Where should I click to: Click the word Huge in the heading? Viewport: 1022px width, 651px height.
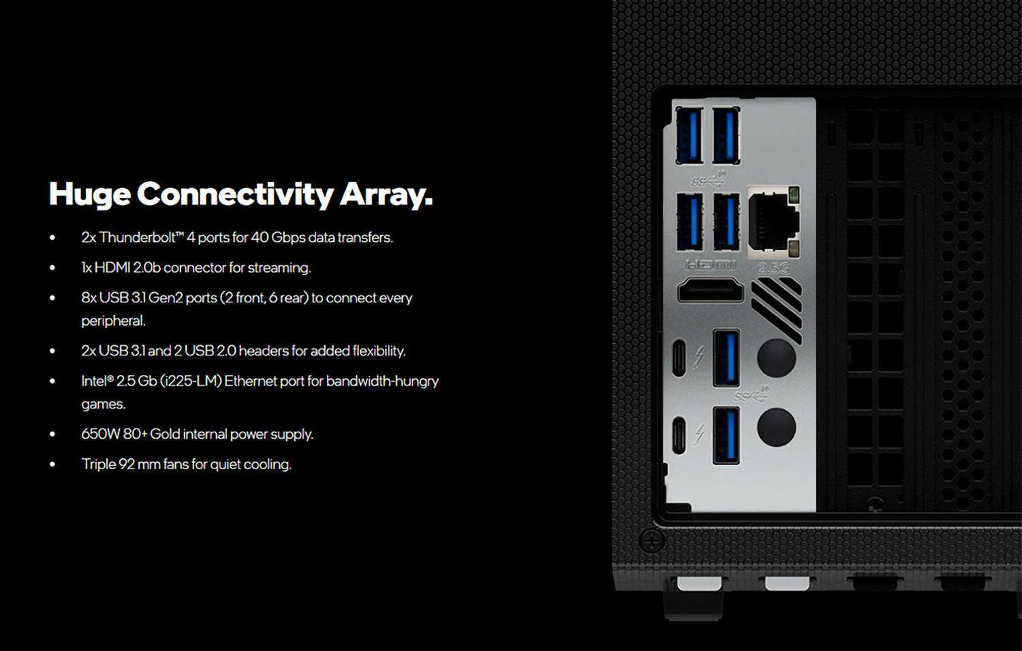pyautogui.click(x=89, y=195)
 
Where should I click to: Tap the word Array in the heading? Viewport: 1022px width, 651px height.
pyautogui.click(x=386, y=195)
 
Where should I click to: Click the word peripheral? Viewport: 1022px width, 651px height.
pyautogui.click(x=113, y=321)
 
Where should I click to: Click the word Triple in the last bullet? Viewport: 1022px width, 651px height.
pyautogui.click(x=99, y=464)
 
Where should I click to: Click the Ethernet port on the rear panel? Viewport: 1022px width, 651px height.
pyautogui.click(x=774, y=220)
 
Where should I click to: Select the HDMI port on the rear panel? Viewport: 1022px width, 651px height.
pyautogui.click(x=711, y=290)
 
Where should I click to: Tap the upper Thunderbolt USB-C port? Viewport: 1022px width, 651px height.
pyautogui.click(x=679, y=358)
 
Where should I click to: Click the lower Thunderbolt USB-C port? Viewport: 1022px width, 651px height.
pyautogui.click(x=679, y=435)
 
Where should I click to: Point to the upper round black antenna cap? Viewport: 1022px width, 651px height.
pyautogui.click(x=777, y=358)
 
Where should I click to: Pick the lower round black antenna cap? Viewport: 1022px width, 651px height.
pyautogui.click(x=777, y=427)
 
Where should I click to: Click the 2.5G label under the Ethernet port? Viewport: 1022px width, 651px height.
pyautogui.click(x=773, y=268)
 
